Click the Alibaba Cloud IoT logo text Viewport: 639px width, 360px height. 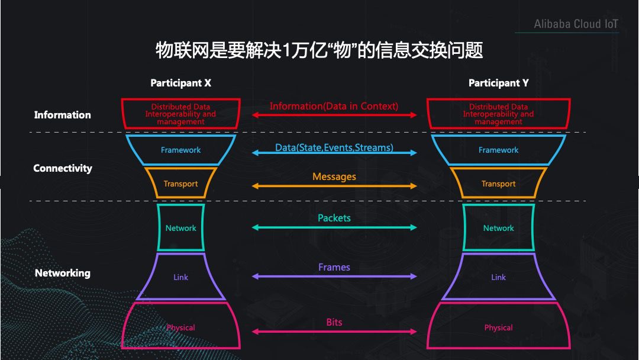coord(576,24)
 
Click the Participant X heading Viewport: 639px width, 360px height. coord(180,83)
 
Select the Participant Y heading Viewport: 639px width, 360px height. coord(498,83)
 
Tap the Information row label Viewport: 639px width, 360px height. coord(63,115)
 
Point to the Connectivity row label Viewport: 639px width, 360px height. coord(63,168)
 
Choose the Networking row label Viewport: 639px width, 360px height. coord(63,273)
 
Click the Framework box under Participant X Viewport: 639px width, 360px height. coord(180,150)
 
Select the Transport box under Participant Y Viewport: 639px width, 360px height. coord(498,184)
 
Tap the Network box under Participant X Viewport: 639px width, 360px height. coord(180,228)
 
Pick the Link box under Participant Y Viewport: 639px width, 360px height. coord(498,277)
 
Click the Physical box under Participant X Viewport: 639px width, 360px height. coord(180,327)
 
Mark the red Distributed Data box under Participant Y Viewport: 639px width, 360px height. coord(498,114)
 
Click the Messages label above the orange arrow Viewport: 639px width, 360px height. coord(334,176)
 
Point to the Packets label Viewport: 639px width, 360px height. coord(334,218)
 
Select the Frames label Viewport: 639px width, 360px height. coord(334,267)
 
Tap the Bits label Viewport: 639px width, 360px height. coord(334,322)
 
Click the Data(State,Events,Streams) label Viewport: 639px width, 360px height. coord(334,147)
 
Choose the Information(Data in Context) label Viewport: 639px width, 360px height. coord(334,107)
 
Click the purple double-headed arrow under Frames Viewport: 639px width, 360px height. coord(334,277)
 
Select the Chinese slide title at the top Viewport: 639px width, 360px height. coord(319,50)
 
